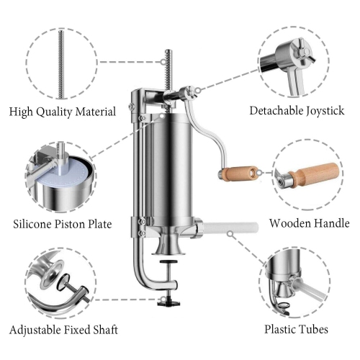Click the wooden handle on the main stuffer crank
pos(236,173)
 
